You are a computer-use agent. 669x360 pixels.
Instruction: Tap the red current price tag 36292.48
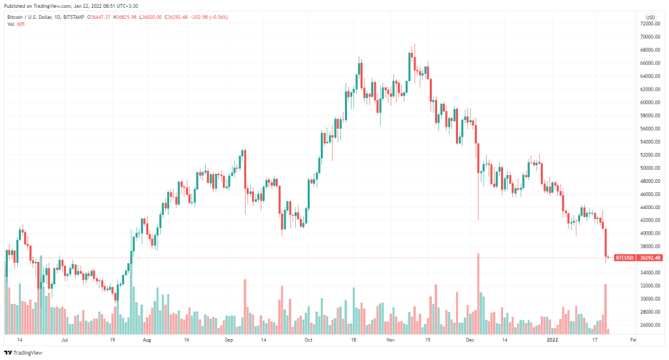point(651,258)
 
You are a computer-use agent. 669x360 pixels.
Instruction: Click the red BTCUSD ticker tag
point(625,258)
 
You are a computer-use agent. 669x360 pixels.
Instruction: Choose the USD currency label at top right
point(650,17)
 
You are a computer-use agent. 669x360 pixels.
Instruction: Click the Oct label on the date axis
point(308,340)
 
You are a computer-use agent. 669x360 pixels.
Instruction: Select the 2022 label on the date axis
point(551,340)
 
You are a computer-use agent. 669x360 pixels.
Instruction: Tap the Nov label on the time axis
point(391,340)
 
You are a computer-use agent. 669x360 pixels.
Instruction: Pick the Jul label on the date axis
point(65,340)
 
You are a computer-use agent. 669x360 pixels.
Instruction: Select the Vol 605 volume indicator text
point(16,24)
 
